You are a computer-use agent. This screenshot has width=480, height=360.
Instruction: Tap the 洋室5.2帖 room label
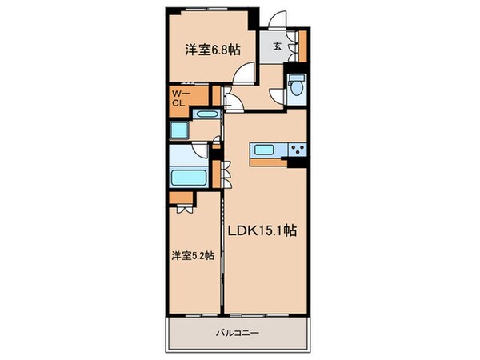(x=192, y=256)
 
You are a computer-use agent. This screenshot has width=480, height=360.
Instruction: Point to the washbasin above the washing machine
(x=207, y=115)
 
